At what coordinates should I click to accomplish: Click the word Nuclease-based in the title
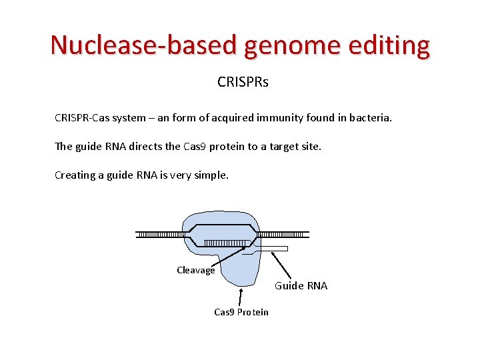pos(143,45)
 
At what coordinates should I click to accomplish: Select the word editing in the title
pos(392,45)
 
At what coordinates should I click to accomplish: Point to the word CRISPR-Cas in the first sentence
pos(81,118)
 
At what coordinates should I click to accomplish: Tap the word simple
pos(210,175)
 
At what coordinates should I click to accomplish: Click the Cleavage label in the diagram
pos(195,270)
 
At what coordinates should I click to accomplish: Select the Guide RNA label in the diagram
pos(301,285)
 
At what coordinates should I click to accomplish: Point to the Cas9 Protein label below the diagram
pos(241,312)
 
